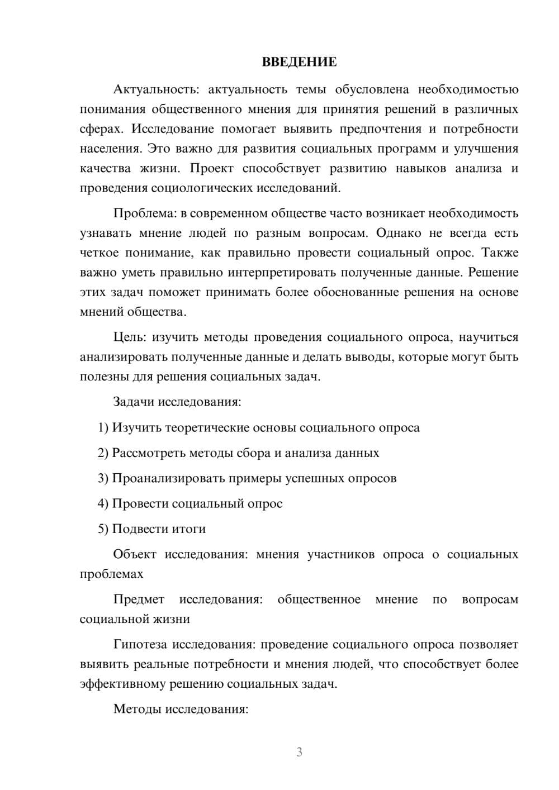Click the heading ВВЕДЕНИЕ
[x=299, y=62]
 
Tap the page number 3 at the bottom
[x=299, y=752]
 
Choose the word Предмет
[x=139, y=599]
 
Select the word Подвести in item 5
[x=138, y=529]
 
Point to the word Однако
[x=399, y=233]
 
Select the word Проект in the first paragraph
[x=212, y=168]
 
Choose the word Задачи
[x=134, y=402]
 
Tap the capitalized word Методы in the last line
[x=137, y=710]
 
